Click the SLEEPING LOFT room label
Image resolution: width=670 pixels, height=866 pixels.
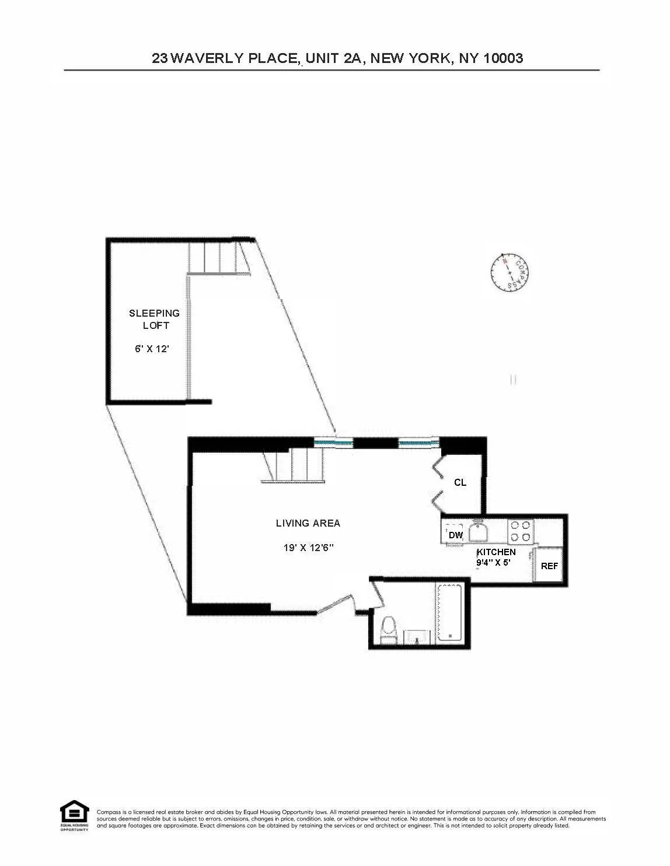click(155, 319)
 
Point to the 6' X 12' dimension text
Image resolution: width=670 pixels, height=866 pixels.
click(152, 349)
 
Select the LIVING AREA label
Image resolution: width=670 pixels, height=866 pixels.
click(308, 523)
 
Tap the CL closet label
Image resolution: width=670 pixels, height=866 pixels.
click(460, 482)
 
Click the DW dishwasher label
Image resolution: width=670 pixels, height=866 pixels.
click(455, 535)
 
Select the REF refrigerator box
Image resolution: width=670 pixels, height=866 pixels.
click(549, 566)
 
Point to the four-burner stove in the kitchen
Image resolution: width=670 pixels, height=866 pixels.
click(521, 531)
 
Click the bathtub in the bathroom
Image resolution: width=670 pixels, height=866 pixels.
click(449, 612)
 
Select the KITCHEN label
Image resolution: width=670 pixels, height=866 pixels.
click(496, 552)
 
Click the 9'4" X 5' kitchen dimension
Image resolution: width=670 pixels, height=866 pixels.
click(494, 563)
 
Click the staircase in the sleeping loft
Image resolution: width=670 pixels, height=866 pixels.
click(217, 258)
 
